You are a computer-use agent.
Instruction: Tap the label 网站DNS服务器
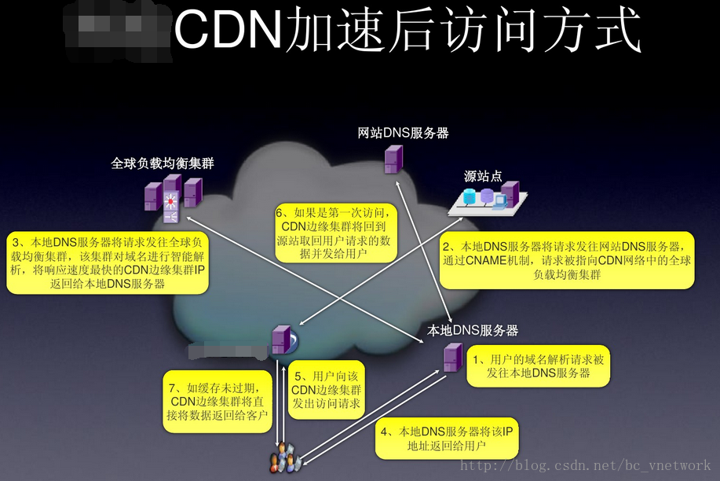pos(403,133)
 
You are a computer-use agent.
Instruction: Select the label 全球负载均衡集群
pos(163,163)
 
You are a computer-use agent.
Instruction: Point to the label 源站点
pos(482,177)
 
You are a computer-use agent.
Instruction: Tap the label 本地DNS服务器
pos(473,330)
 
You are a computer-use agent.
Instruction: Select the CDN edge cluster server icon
pos(280,339)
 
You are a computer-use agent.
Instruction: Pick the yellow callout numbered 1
pos(539,366)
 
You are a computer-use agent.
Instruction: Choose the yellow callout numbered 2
pos(568,260)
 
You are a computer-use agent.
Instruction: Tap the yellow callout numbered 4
pos(446,439)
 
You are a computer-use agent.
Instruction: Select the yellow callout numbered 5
pos(326,389)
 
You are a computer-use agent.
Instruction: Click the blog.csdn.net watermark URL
pos(585,466)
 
